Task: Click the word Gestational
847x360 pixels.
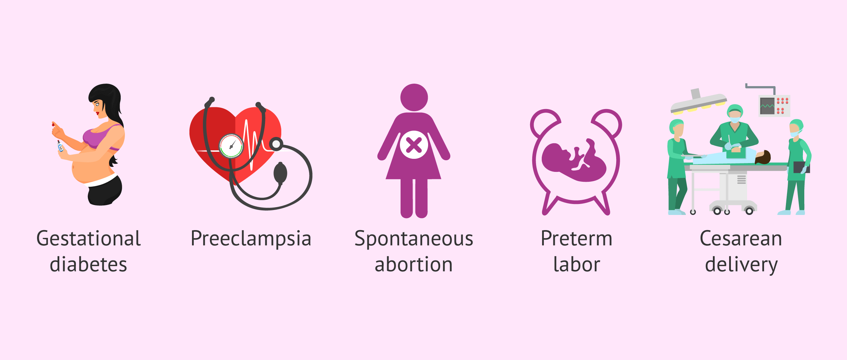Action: [x=89, y=239]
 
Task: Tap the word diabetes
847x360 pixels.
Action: [x=88, y=265]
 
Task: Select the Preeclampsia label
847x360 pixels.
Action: [x=251, y=239]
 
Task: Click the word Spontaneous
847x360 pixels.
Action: [x=414, y=239]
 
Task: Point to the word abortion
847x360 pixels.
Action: [x=414, y=265]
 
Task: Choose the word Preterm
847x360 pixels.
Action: [x=576, y=239]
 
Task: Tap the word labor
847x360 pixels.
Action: [x=577, y=265]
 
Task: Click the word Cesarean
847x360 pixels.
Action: [x=741, y=239]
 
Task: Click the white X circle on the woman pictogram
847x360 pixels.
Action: [x=414, y=145]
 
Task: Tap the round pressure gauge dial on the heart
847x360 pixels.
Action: [x=231, y=146]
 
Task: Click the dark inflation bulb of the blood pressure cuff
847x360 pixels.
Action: [x=281, y=173]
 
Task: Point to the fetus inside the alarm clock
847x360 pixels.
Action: [x=573, y=161]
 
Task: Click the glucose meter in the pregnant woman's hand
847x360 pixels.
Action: [x=60, y=146]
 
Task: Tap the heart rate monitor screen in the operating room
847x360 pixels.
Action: [x=767, y=106]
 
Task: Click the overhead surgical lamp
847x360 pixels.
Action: [x=698, y=102]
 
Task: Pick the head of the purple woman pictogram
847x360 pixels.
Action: [x=414, y=97]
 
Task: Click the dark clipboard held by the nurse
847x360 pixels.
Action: [x=801, y=167]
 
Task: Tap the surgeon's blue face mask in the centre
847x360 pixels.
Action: [x=735, y=120]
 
